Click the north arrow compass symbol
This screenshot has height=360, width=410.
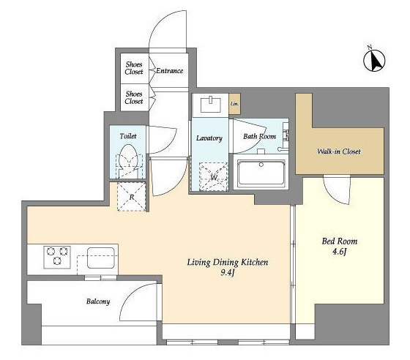click(x=374, y=60)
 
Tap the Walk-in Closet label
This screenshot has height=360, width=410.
click(x=339, y=151)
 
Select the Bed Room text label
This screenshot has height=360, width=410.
click(x=340, y=241)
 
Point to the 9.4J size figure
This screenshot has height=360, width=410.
click(x=227, y=273)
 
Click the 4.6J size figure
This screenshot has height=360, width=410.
click(x=340, y=252)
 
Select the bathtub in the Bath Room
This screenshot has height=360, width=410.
click(x=261, y=173)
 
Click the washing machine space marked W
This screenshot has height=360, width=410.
click(x=213, y=176)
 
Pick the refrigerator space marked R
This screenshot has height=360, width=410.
click(x=132, y=196)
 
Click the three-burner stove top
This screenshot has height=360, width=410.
click(x=57, y=257)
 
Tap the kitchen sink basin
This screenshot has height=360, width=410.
click(x=101, y=258)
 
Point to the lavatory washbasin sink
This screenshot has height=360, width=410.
click(x=211, y=104)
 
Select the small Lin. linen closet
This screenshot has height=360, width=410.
click(x=234, y=104)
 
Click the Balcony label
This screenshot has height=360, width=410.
click(x=98, y=301)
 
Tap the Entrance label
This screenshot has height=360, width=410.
click(x=169, y=70)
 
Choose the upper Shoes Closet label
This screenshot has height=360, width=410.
click(x=134, y=68)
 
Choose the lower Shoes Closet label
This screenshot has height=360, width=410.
click(x=134, y=97)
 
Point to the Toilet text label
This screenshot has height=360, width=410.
click(x=128, y=136)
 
